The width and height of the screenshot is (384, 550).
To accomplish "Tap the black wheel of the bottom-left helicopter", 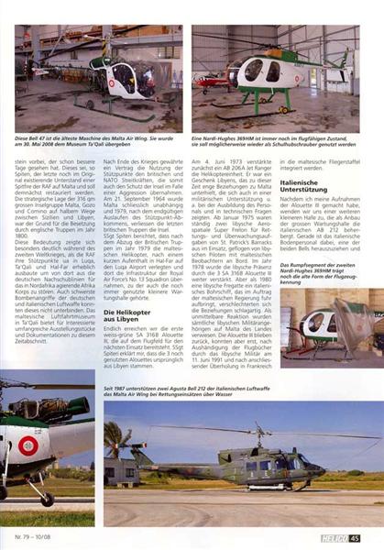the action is (x=45, y=500).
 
